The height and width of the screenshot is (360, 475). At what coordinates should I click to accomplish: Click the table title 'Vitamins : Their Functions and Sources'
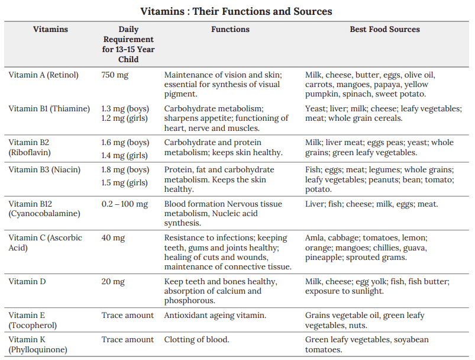coord(237,11)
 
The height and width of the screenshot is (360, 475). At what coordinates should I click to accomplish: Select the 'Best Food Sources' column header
coord(384,29)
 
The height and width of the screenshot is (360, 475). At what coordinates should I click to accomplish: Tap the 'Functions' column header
coord(230,29)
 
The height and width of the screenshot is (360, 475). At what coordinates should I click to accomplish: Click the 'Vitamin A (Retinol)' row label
coord(44,75)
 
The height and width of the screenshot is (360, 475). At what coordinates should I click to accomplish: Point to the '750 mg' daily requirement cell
coord(115,75)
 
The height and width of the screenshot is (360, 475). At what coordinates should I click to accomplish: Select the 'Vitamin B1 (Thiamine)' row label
coord(49,108)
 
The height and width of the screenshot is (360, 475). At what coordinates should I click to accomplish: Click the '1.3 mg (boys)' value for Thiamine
coord(125,108)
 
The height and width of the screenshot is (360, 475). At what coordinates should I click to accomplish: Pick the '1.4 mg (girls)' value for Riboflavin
coord(125,156)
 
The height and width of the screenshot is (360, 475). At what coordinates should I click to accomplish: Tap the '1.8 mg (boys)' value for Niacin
coord(125,170)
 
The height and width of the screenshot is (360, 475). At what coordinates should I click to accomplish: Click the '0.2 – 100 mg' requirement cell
coord(125,204)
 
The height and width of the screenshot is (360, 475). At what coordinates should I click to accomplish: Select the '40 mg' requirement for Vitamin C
coord(113,237)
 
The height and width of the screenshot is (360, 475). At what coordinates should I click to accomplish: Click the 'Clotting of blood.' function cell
coord(197,339)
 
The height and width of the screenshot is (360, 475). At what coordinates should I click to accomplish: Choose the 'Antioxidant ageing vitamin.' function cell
coord(215,315)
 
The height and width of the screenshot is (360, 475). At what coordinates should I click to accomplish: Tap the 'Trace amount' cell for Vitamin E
coord(127,315)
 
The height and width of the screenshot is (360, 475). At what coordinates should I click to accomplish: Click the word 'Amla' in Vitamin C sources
coord(315,237)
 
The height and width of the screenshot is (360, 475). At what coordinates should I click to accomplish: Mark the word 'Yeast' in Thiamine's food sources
coord(315,108)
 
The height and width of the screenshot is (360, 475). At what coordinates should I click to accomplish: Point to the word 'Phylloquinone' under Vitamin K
coord(38,349)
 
